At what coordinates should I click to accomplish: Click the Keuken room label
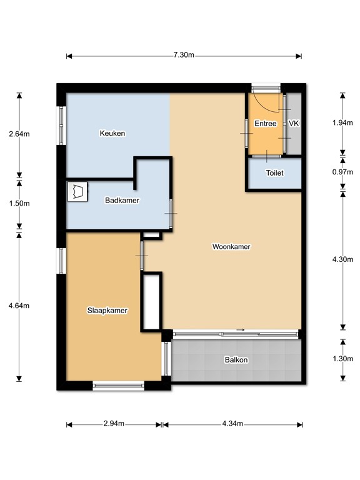tap(112, 133)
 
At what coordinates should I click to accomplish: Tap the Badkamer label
tap(122, 201)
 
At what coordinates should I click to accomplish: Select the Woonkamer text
tap(231, 247)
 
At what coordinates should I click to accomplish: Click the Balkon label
tap(236, 360)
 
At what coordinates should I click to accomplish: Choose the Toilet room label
tap(275, 173)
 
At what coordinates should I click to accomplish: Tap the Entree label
tap(265, 124)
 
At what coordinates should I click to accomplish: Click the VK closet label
tap(294, 124)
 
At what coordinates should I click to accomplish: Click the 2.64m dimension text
tap(19, 134)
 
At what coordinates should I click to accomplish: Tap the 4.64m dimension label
tap(19, 306)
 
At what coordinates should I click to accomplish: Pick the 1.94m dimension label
tap(342, 123)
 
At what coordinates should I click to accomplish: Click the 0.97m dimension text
tap(342, 168)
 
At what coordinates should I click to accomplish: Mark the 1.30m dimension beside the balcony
tap(342, 359)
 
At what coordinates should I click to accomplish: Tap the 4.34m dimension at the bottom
tap(232, 424)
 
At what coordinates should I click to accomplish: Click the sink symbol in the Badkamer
tap(78, 191)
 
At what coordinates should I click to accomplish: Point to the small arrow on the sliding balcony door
tap(240, 331)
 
